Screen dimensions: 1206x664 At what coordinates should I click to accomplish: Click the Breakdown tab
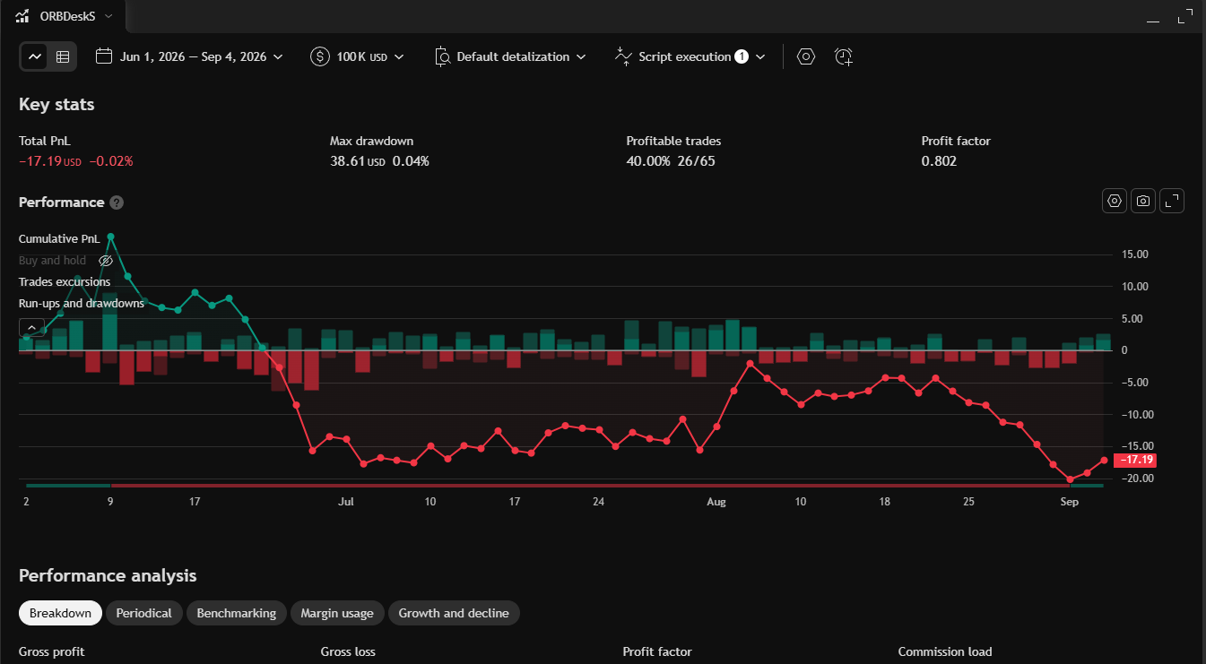[x=60, y=613]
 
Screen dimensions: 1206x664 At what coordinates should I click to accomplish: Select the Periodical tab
[x=143, y=613]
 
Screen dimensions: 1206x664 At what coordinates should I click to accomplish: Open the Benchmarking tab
[x=237, y=613]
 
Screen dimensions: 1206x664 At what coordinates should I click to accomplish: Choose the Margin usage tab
[x=337, y=613]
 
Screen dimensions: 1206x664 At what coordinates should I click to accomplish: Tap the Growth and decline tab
[x=454, y=613]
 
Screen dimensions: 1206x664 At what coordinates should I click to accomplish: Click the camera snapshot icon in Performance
[x=1142, y=202]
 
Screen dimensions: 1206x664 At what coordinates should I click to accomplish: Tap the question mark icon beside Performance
[x=117, y=203]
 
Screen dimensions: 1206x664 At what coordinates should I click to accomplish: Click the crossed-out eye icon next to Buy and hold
[x=106, y=261]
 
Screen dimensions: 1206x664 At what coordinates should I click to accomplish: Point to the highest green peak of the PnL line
[x=111, y=237]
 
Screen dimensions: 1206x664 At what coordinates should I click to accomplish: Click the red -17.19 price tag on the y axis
[x=1135, y=460]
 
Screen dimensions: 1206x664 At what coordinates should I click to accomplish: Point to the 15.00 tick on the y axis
[x=1135, y=254]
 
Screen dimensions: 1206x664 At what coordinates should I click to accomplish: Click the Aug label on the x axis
[x=716, y=502]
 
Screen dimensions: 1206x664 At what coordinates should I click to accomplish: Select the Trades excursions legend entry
[x=65, y=282]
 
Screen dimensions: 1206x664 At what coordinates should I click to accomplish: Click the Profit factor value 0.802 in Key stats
[x=939, y=161]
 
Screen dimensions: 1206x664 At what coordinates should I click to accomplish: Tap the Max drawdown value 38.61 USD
[x=358, y=161]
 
